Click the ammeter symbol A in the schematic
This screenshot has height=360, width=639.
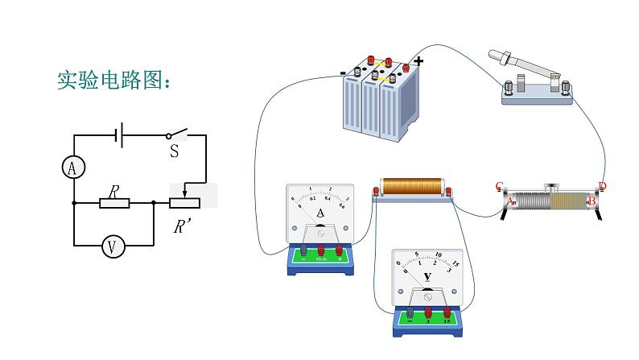(x=73, y=168)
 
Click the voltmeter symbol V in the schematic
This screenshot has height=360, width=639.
(x=113, y=246)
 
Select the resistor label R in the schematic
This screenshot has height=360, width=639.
(x=114, y=191)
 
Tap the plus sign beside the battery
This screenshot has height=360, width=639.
(x=418, y=61)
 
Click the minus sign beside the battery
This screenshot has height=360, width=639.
(x=344, y=72)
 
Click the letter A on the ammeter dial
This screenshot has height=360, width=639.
(x=320, y=213)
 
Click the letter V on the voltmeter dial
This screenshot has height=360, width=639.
(x=427, y=277)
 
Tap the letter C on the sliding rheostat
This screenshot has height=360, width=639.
(x=500, y=185)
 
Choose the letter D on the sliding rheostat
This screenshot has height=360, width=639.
(x=602, y=187)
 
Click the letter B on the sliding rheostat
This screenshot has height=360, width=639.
(x=592, y=201)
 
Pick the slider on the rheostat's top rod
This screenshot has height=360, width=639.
(x=551, y=188)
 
